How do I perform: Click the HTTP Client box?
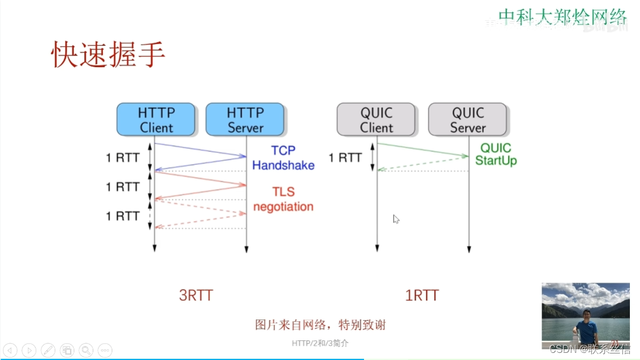point(156,120)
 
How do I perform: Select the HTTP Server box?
point(245,120)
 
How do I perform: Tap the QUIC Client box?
point(377,120)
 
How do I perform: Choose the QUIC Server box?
point(468,120)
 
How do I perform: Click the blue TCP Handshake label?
point(283,158)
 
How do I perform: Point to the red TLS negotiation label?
point(283,199)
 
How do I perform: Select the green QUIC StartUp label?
point(496,154)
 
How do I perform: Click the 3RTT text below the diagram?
point(196,295)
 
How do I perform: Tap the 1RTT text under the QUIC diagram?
point(422,295)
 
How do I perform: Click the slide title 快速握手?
point(108,55)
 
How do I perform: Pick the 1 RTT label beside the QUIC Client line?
point(346,158)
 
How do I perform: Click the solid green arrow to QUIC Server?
point(422,150)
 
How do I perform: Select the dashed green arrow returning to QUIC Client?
point(422,164)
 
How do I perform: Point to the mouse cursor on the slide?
point(396,219)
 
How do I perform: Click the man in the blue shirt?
point(587,326)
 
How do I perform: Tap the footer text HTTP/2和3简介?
point(320,343)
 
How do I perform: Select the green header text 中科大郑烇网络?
point(562,16)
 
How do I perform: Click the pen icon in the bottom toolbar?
point(48,350)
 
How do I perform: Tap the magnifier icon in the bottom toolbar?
point(86,350)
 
